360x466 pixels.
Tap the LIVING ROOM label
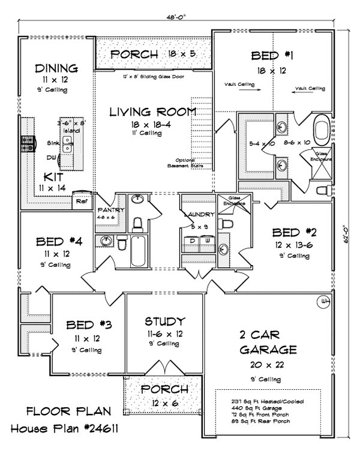[153, 112]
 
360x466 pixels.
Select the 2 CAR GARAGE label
[268, 342]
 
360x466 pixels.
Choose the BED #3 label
[88, 325]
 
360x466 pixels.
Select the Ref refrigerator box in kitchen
[82, 202]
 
